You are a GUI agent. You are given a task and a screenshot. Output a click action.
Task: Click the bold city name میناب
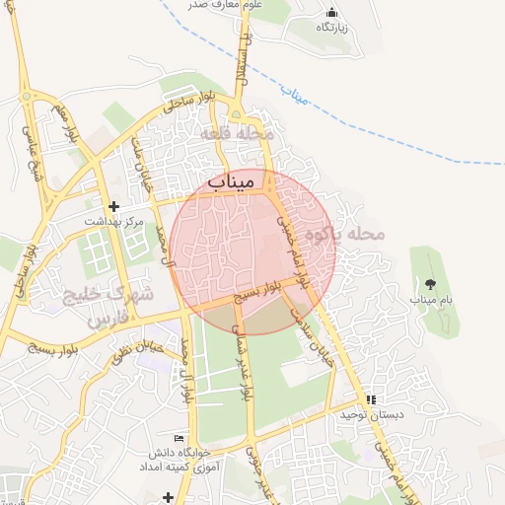233,180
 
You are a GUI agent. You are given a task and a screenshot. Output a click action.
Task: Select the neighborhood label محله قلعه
243,132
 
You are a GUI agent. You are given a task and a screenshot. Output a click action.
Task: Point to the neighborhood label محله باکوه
344,234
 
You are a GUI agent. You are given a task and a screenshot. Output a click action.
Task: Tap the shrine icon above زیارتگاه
330,13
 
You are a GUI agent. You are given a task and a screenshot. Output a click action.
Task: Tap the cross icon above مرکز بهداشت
114,206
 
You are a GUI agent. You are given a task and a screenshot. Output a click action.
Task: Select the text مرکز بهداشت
114,222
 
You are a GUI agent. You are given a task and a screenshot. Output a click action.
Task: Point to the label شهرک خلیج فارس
108,307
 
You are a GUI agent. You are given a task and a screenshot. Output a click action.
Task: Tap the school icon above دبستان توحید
371,399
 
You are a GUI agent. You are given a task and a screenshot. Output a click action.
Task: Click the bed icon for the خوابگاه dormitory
179,438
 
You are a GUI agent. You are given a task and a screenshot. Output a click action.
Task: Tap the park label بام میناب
430,297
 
